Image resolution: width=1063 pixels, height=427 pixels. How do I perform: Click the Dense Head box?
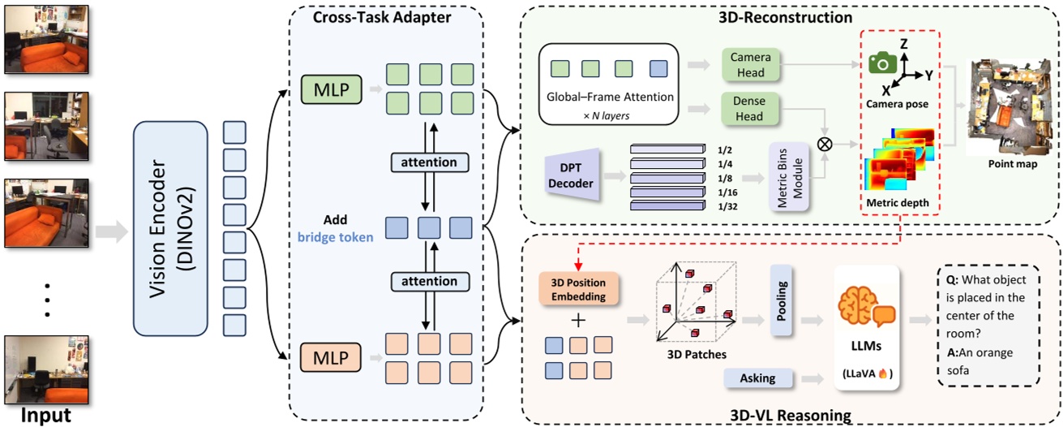coord(750,107)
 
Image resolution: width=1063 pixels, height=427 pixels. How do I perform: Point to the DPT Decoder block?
coord(572,176)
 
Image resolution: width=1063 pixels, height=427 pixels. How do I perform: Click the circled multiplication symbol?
coord(825,144)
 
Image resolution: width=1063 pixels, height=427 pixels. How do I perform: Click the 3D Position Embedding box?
coord(578,288)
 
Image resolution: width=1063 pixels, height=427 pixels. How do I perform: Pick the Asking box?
coord(757,377)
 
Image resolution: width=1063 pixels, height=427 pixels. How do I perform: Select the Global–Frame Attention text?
coord(611,97)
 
